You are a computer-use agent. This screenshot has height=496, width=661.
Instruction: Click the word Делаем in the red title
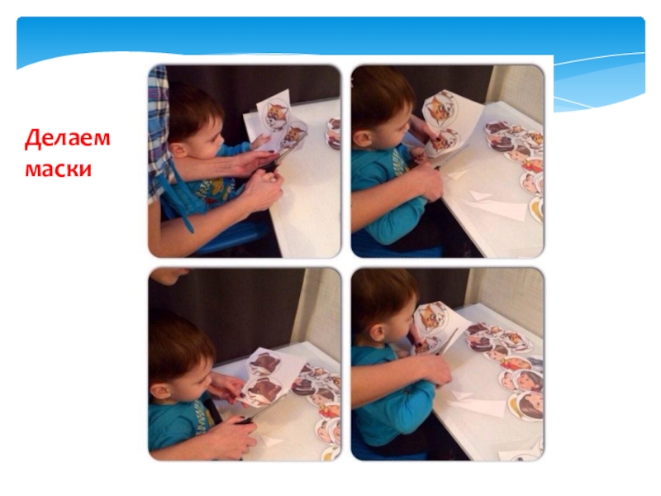(68, 138)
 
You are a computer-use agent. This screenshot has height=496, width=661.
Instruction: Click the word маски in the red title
(58, 169)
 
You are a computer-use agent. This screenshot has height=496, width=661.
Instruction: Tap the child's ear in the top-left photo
(178, 149)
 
